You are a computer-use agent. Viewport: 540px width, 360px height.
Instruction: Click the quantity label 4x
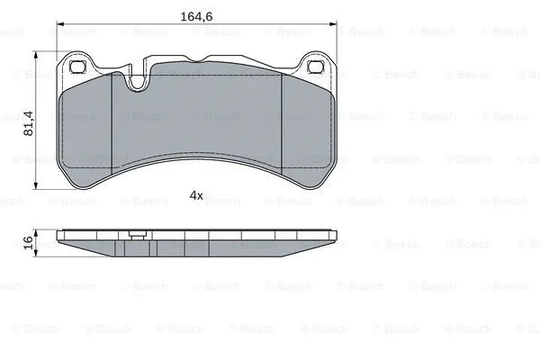point(196,195)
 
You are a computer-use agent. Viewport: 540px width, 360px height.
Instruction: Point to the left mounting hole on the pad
point(77,67)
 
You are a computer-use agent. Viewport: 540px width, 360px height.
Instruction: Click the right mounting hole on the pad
point(315,67)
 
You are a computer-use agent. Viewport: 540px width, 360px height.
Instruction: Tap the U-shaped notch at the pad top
point(138,82)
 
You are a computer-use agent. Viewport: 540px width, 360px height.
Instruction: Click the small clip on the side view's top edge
point(137,236)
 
